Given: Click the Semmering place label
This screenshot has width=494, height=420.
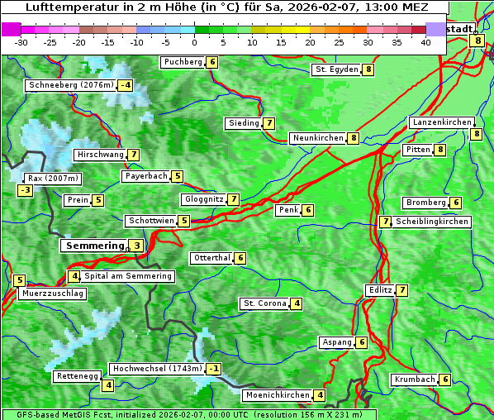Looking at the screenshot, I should [93, 246].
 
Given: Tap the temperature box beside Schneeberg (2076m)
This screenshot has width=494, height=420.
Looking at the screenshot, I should [126, 85].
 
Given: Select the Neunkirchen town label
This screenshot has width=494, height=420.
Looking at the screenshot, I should [318, 138].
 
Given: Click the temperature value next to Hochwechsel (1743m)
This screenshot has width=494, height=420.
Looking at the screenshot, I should [214, 369].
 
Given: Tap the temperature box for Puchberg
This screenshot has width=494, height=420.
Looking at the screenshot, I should [212, 62].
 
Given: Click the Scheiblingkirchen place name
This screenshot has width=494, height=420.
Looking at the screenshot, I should [432, 222].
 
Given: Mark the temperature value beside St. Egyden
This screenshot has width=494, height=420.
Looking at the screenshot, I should [368, 69].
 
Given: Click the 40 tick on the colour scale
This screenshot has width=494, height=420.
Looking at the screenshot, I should [425, 41].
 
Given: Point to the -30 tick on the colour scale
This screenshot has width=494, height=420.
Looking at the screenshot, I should [22, 41].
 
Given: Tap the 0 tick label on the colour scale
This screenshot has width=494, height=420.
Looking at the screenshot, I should [195, 41].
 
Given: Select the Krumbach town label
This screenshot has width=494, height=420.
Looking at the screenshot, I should [415, 379].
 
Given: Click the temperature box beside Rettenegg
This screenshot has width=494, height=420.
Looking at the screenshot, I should [107, 385].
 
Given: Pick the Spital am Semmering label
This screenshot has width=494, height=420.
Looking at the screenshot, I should [128, 276].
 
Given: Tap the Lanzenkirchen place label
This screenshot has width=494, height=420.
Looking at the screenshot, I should [441, 122].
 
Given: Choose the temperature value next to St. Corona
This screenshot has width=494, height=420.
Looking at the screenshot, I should [296, 303].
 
